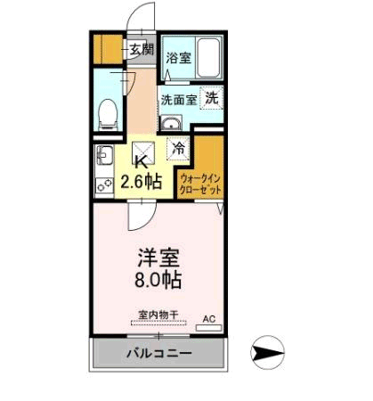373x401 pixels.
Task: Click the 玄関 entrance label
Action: click(142, 50)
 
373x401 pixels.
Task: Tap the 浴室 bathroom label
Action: click(178, 58)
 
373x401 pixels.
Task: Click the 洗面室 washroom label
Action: click(179, 100)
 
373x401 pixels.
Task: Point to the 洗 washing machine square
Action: click(212, 99)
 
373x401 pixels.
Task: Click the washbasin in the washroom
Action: click(171, 123)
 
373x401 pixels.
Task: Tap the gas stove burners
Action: click(104, 184)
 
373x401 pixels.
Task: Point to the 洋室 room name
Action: click(159, 259)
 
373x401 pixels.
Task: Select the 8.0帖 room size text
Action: click(159, 281)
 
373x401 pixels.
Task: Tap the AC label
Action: click(210, 318)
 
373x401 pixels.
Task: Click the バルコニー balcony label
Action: click(158, 354)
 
